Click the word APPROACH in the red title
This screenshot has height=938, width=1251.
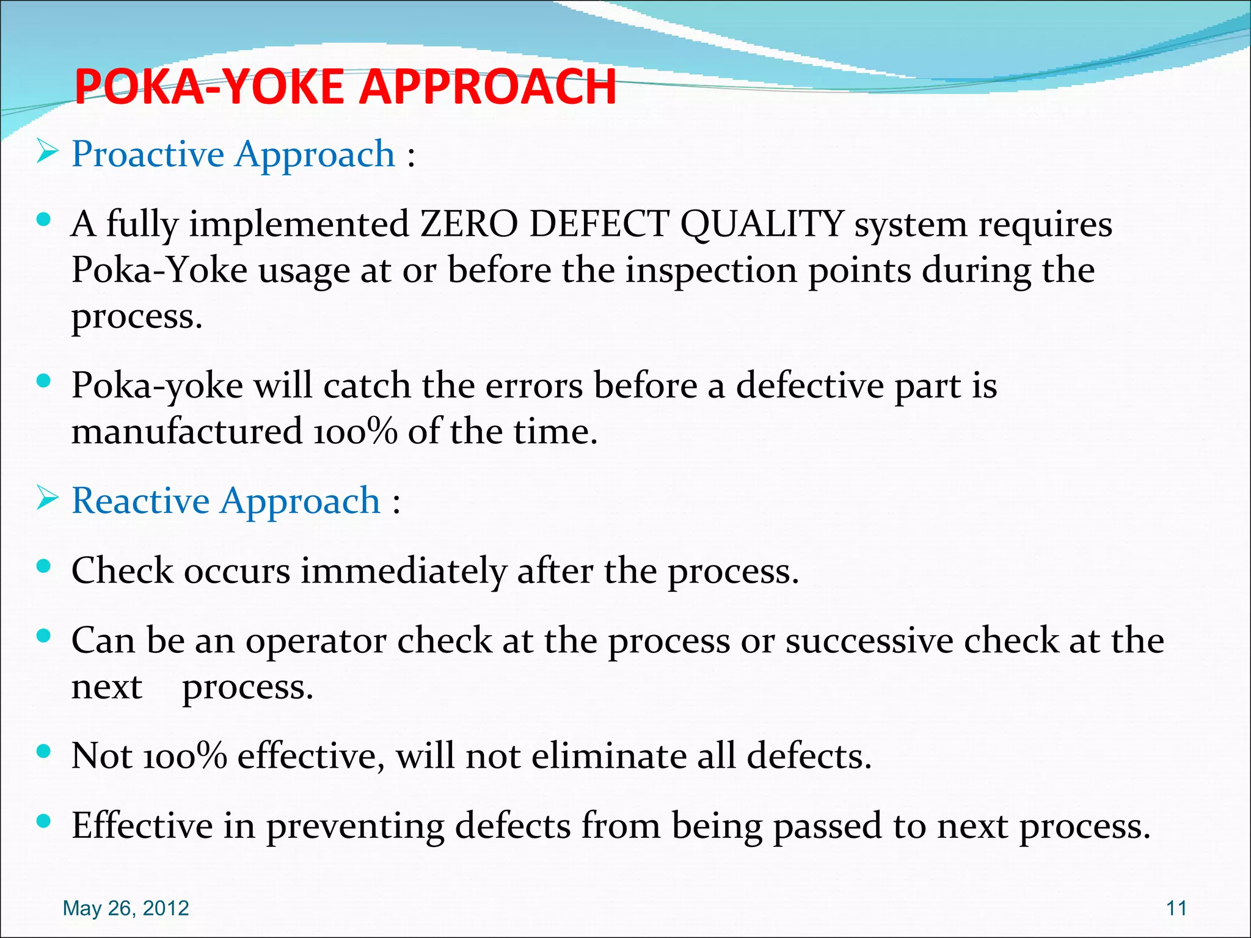tap(487, 87)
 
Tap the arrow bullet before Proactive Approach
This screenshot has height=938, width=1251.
tap(47, 151)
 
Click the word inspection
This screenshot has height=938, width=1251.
tap(711, 271)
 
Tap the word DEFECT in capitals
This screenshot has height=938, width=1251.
tap(599, 224)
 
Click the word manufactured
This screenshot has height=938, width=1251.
tap(187, 431)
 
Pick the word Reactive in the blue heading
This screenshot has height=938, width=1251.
tap(140, 501)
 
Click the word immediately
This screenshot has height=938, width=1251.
tap(403, 572)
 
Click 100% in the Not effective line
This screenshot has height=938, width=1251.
tap(185, 756)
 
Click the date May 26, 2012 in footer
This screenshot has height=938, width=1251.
tap(126, 908)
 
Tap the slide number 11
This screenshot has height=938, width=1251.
tap(1176, 908)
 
